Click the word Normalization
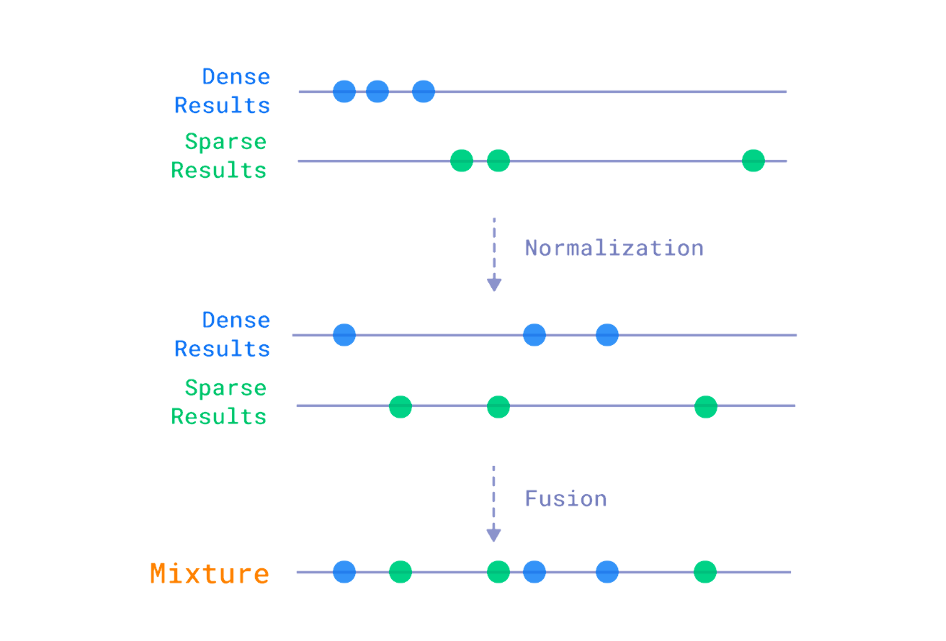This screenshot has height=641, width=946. coord(613,248)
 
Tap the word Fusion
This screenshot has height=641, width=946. coord(565,498)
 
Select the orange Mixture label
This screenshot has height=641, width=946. coord(209,573)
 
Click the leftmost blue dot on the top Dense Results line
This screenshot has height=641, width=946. coord(344,91)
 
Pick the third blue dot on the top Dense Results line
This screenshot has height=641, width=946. coord(423,91)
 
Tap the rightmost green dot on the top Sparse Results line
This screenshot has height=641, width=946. coord(753,161)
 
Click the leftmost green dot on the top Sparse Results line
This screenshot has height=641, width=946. coord(461,161)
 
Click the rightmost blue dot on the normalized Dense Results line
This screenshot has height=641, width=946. coord(607,335)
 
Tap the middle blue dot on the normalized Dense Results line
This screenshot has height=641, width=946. coord(534,335)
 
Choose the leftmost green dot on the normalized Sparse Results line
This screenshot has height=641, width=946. coord(400,406)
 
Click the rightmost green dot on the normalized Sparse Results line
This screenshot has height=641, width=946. coord(706,406)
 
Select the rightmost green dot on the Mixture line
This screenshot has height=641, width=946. coord(705,571)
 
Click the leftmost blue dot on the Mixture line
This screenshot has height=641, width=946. coord(344,571)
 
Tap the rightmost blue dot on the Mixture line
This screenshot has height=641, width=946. coord(607,571)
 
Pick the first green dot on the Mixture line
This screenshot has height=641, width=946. coord(400,571)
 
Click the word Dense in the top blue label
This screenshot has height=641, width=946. coord(236,77)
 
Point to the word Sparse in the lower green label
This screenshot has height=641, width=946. coord(225,388)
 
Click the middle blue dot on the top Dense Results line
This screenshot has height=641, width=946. coord(377,91)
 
